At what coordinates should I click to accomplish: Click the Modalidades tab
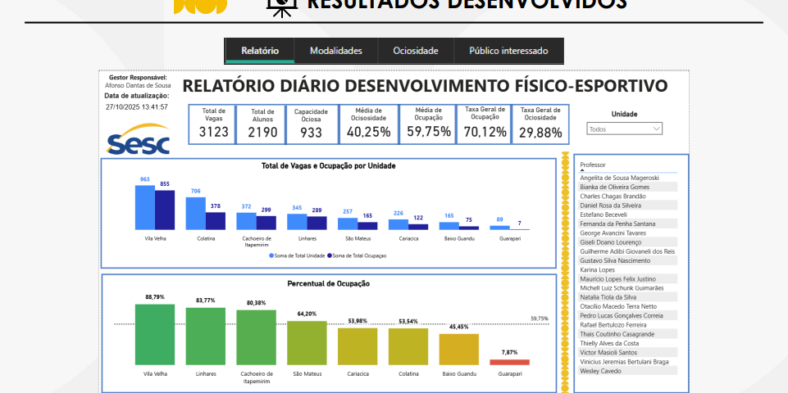click(335, 51)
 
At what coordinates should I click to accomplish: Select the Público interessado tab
click(508, 51)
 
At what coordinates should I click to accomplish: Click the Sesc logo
click(139, 140)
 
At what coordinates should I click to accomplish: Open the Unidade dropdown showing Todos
click(625, 129)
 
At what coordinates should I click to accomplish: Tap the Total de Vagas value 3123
click(214, 132)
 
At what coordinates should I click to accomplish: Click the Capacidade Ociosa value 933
click(311, 132)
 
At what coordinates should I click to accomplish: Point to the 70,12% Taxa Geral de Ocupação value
click(485, 132)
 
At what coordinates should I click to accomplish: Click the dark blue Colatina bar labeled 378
click(216, 220)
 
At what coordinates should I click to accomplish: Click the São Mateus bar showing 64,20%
click(306, 343)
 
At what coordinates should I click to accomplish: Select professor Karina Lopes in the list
click(598, 269)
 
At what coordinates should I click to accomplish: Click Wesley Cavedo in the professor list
click(601, 371)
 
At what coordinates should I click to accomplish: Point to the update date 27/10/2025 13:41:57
click(137, 107)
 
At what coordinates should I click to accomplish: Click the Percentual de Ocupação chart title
click(328, 283)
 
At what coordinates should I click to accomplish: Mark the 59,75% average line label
click(540, 318)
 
